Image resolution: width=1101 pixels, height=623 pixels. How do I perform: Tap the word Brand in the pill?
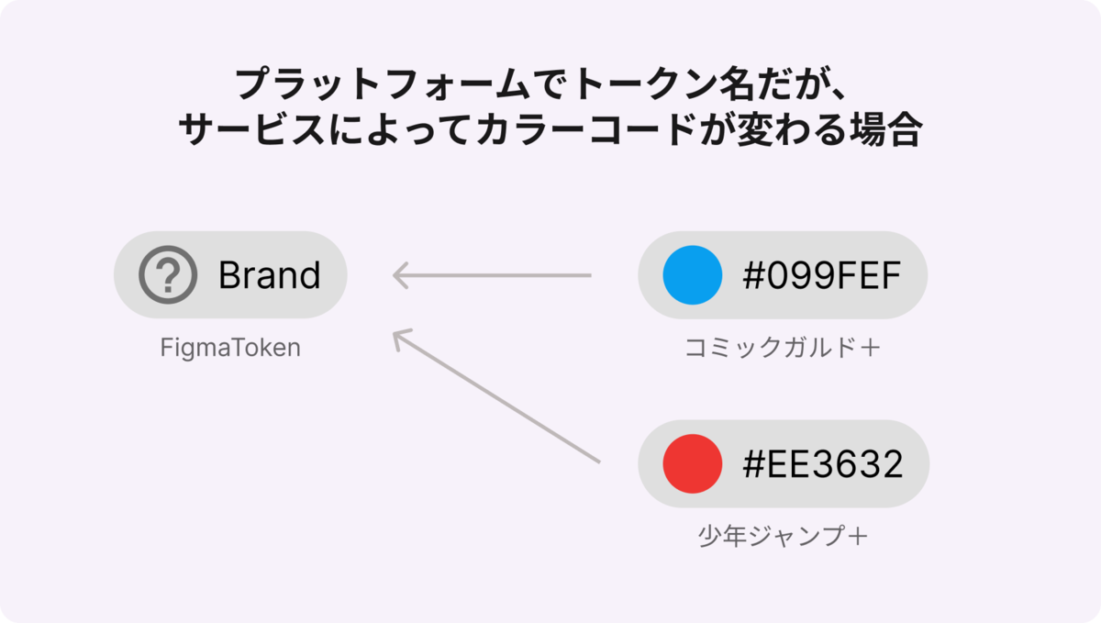pyautogui.click(x=270, y=275)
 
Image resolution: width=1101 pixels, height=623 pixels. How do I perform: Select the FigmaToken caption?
pyautogui.click(x=230, y=349)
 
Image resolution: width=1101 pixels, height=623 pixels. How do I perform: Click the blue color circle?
pyautogui.click(x=693, y=275)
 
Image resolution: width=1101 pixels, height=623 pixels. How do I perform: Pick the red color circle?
pyautogui.click(x=693, y=463)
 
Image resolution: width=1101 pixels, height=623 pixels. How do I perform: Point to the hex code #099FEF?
pyautogui.click(x=822, y=275)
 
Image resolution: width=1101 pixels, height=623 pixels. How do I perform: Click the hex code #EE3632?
pyautogui.click(x=823, y=463)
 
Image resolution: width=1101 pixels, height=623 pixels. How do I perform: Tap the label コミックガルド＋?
pyautogui.click(x=783, y=348)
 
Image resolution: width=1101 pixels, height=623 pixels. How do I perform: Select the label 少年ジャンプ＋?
pyautogui.click(x=783, y=536)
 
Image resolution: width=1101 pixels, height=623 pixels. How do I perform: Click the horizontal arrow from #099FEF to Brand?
pyautogui.click(x=492, y=275)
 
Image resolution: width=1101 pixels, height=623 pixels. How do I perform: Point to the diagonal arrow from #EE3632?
pyautogui.click(x=496, y=395)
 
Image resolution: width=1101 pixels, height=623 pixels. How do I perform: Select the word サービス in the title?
pyautogui.click(x=251, y=128)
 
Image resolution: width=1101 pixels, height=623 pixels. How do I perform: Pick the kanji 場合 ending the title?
pyautogui.click(x=885, y=128)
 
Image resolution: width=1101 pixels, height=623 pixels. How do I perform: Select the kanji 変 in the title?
pyautogui.click(x=754, y=128)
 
